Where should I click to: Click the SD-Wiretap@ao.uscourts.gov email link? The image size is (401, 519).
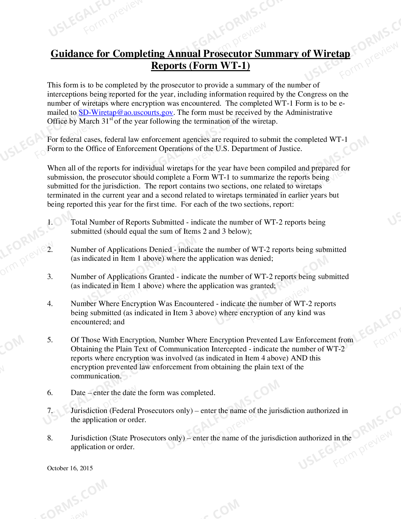pyautogui.click(x=126, y=113)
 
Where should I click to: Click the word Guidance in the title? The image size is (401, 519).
pyautogui.click(x=72, y=54)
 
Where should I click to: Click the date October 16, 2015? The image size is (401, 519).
pyautogui.click(x=70, y=468)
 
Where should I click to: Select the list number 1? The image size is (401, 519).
pyautogui.click(x=50, y=222)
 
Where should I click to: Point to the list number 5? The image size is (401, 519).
pyautogui.click(x=50, y=340)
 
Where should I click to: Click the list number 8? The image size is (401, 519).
pyautogui.click(x=50, y=438)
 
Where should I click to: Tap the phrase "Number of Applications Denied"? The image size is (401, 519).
pyautogui.click(x=121, y=250)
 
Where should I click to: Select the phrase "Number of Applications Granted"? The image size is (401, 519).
pyautogui.click(x=122, y=277)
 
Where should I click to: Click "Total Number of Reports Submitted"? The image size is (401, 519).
pyautogui.click(x=127, y=222)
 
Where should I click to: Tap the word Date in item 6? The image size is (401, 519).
pyautogui.click(x=78, y=393)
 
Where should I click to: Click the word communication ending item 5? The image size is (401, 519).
pyautogui.click(x=95, y=376)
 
